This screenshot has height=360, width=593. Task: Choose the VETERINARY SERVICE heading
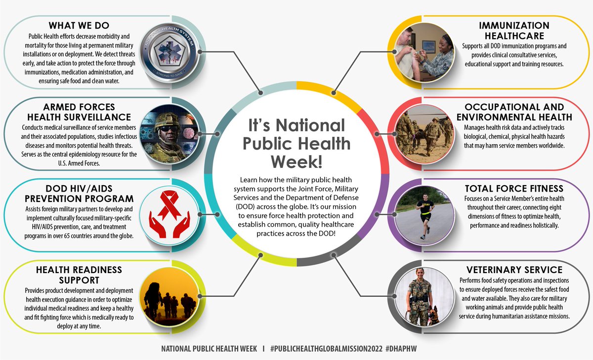point(514,270)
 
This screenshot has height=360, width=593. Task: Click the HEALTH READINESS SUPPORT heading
point(79,274)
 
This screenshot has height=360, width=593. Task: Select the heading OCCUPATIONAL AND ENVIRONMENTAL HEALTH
point(514,112)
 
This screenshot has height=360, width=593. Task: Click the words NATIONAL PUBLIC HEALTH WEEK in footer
point(209,349)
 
